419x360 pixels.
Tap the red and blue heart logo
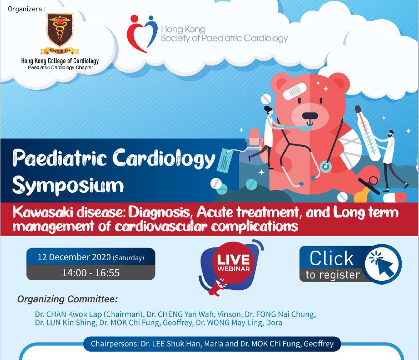(x=141, y=33)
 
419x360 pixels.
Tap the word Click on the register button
(x=331, y=258)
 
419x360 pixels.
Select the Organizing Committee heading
(x=67, y=299)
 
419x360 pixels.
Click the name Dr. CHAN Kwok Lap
(x=67, y=314)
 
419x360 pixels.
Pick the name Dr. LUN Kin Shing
(x=64, y=323)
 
